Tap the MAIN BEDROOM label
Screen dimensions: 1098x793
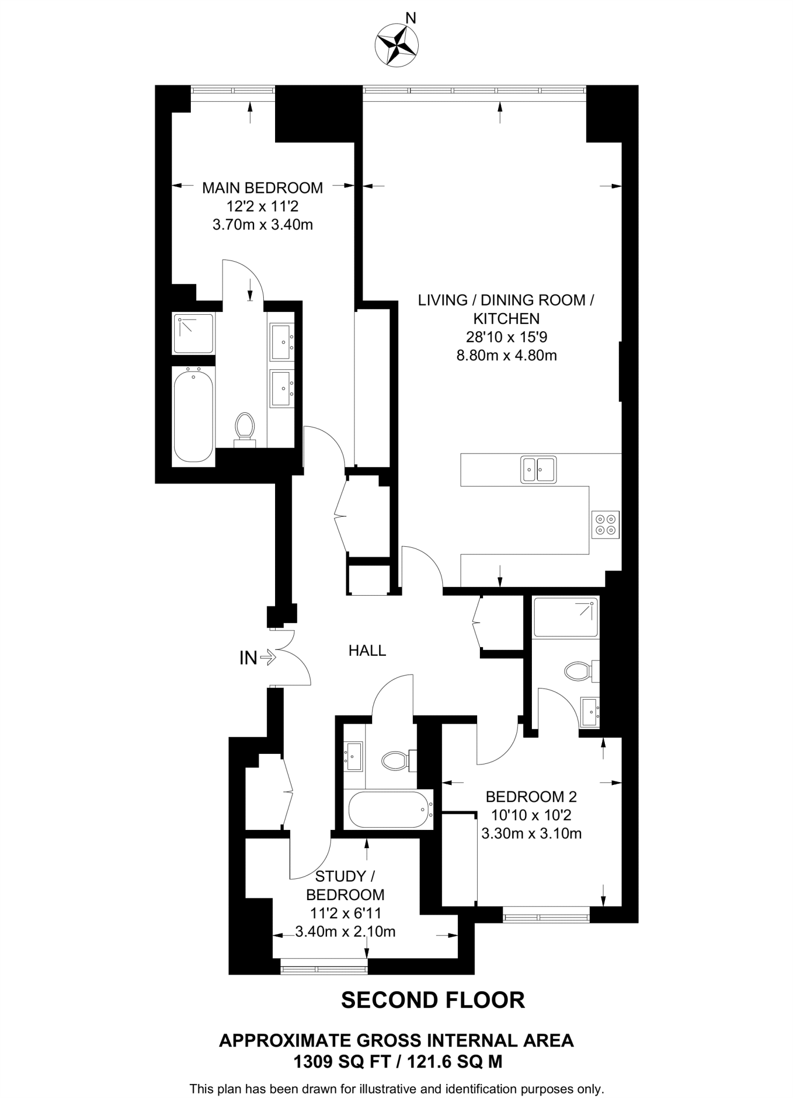[x=262, y=188]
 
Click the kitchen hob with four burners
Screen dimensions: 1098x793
[x=605, y=525]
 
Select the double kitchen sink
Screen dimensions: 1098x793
[x=538, y=469]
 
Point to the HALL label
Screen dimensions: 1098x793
[x=367, y=651]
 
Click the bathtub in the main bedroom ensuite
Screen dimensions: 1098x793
[x=194, y=414]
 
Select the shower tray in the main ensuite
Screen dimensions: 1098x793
[x=193, y=333]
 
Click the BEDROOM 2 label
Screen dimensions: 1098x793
[x=531, y=797]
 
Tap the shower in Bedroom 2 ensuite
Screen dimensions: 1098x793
[x=566, y=617]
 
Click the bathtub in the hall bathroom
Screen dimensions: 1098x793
[x=390, y=810]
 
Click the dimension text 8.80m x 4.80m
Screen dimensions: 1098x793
[x=506, y=355]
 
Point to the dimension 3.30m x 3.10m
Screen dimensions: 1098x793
[x=531, y=834]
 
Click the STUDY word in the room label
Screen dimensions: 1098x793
[x=340, y=877]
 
